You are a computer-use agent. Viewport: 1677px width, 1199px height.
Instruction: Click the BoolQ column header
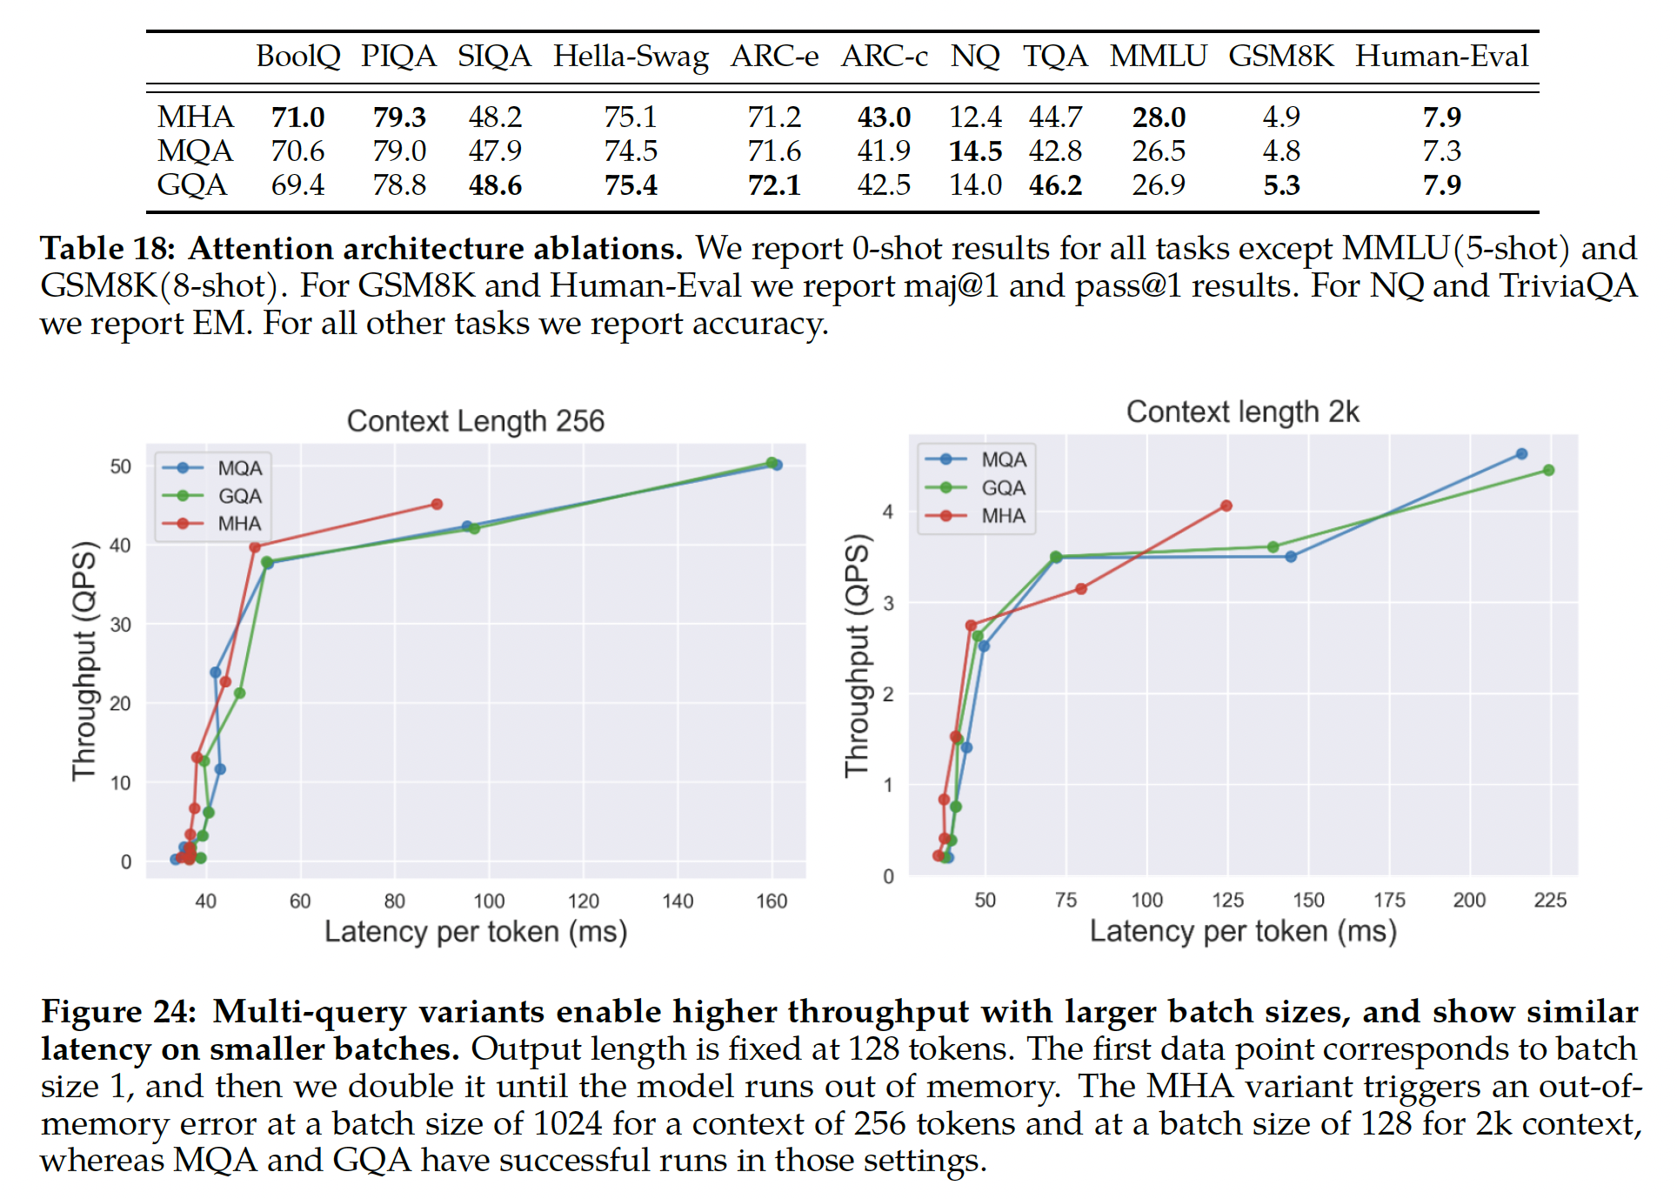pos(297,57)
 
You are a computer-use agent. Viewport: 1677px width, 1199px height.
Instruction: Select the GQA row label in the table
pos(191,185)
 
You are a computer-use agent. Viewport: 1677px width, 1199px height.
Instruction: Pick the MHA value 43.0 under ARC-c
pos(884,117)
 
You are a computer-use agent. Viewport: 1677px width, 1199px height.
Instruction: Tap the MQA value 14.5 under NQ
pos(975,151)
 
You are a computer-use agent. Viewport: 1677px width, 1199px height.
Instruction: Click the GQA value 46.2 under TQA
pos(1055,185)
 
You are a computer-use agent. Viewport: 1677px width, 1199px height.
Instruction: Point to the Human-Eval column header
pos(1441,57)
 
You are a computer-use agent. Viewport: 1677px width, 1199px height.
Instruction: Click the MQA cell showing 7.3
pos(1441,151)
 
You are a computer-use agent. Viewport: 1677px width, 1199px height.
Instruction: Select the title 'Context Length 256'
pos(475,421)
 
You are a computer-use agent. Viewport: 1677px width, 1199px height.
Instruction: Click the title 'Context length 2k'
pos(1242,412)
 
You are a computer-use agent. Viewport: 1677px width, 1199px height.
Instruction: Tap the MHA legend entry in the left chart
pos(238,524)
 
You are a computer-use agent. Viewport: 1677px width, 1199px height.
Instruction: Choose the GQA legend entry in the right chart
pos(1003,488)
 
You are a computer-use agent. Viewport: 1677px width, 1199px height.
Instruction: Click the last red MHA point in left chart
pos(437,504)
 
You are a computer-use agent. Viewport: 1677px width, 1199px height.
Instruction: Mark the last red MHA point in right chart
pos(1226,506)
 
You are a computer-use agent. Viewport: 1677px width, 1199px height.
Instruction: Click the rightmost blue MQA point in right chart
pos(1521,454)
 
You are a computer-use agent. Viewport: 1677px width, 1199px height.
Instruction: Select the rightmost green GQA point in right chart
pos(1548,471)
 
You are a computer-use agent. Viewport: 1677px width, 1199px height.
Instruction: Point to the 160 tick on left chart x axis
pos(772,901)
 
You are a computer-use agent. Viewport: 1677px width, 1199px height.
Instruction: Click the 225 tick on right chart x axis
pos(1550,901)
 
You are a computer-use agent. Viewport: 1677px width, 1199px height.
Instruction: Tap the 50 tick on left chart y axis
pos(121,467)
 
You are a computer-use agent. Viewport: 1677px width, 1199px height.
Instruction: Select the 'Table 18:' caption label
pos(108,249)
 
